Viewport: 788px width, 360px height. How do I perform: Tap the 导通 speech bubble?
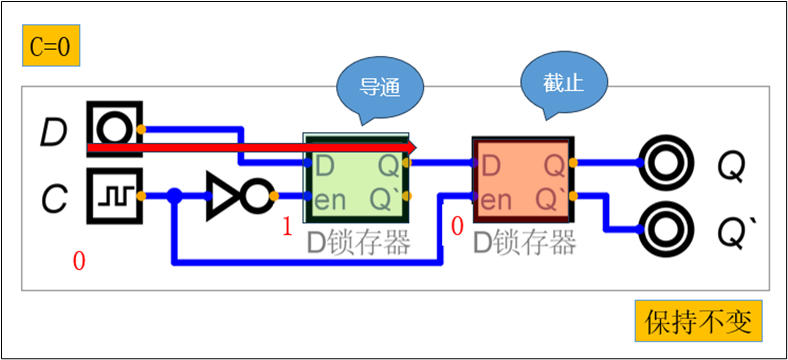click(380, 86)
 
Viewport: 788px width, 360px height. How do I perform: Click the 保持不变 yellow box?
click(697, 322)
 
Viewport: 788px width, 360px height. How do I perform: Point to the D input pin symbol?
click(114, 129)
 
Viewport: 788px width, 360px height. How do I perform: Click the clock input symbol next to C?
click(114, 195)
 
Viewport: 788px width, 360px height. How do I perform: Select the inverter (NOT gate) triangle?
click(226, 196)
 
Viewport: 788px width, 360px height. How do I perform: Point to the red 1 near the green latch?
click(287, 228)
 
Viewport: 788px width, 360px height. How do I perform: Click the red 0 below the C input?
click(79, 262)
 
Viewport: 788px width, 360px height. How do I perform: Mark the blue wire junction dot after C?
click(175, 196)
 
